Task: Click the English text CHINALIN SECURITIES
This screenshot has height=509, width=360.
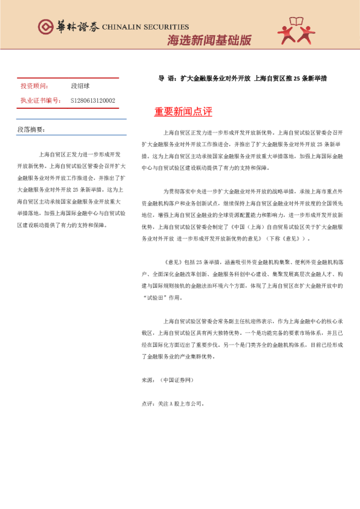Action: click(x=146, y=27)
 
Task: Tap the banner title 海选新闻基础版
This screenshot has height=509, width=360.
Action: click(x=209, y=41)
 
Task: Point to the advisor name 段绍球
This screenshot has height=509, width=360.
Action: click(x=80, y=86)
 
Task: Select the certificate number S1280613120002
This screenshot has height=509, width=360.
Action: click(x=93, y=100)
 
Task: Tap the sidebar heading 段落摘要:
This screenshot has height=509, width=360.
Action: click(x=31, y=129)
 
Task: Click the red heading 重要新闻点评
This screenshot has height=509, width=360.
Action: click(x=183, y=112)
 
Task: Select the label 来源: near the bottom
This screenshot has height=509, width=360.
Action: click(x=148, y=380)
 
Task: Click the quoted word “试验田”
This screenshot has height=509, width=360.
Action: click(x=155, y=297)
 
